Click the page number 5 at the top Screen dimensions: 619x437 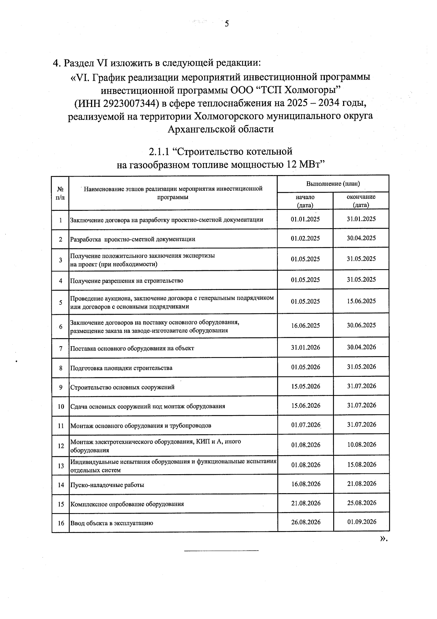227,24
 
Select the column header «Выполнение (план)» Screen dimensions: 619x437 333,184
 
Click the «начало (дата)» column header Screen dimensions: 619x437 305,201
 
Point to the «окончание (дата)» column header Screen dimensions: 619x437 361,201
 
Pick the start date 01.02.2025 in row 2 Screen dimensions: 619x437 305,239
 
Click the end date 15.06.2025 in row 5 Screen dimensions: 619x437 361,301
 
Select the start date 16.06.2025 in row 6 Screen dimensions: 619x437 305,325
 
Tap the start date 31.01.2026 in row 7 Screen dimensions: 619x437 305,347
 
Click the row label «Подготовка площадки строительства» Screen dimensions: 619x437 121,368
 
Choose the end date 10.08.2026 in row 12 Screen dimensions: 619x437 361,445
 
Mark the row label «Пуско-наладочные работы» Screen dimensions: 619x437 107,485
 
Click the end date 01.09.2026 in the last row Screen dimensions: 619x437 361,522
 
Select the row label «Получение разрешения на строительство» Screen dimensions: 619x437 126,281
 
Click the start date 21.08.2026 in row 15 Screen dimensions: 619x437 306,503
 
